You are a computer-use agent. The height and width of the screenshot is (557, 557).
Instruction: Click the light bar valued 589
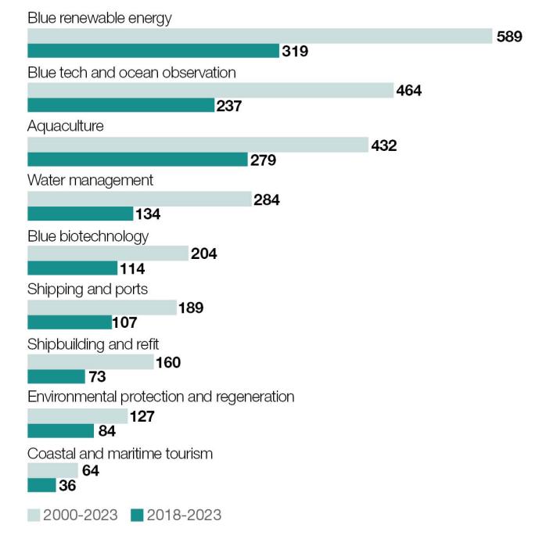pyautogui.click(x=260, y=36)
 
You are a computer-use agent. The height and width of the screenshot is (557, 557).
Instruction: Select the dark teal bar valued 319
pyautogui.click(x=153, y=51)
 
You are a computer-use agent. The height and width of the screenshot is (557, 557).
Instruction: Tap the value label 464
pyautogui.click(x=408, y=91)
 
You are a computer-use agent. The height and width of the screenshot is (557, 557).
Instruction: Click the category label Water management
pyautogui.click(x=90, y=181)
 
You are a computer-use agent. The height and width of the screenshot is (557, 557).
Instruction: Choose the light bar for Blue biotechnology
pyautogui.click(x=108, y=253)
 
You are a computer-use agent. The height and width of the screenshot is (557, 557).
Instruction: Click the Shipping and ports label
pyautogui.click(x=88, y=289)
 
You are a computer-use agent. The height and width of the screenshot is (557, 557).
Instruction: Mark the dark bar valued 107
pyautogui.click(x=70, y=322)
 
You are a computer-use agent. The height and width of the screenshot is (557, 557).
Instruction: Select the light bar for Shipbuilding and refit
pyautogui.click(x=91, y=362)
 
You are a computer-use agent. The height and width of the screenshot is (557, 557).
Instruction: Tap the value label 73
pyautogui.click(x=97, y=377)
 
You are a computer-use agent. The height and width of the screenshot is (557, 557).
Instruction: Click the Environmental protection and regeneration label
pyautogui.click(x=161, y=397)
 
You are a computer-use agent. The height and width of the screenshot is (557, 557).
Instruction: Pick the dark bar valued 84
pyautogui.click(x=61, y=431)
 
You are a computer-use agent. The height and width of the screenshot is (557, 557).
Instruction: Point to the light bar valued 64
pyautogui.click(x=52, y=470)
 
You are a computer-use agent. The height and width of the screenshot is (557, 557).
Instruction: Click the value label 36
pyautogui.click(x=67, y=486)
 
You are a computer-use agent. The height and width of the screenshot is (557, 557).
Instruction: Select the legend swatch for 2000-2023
pyautogui.click(x=34, y=515)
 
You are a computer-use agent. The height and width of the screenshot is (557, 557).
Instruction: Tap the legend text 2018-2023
pyautogui.click(x=184, y=515)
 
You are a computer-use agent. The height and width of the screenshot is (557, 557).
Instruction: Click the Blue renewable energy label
pyautogui.click(x=99, y=18)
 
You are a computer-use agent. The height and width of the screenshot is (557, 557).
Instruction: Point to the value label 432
pyautogui.click(x=383, y=146)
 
